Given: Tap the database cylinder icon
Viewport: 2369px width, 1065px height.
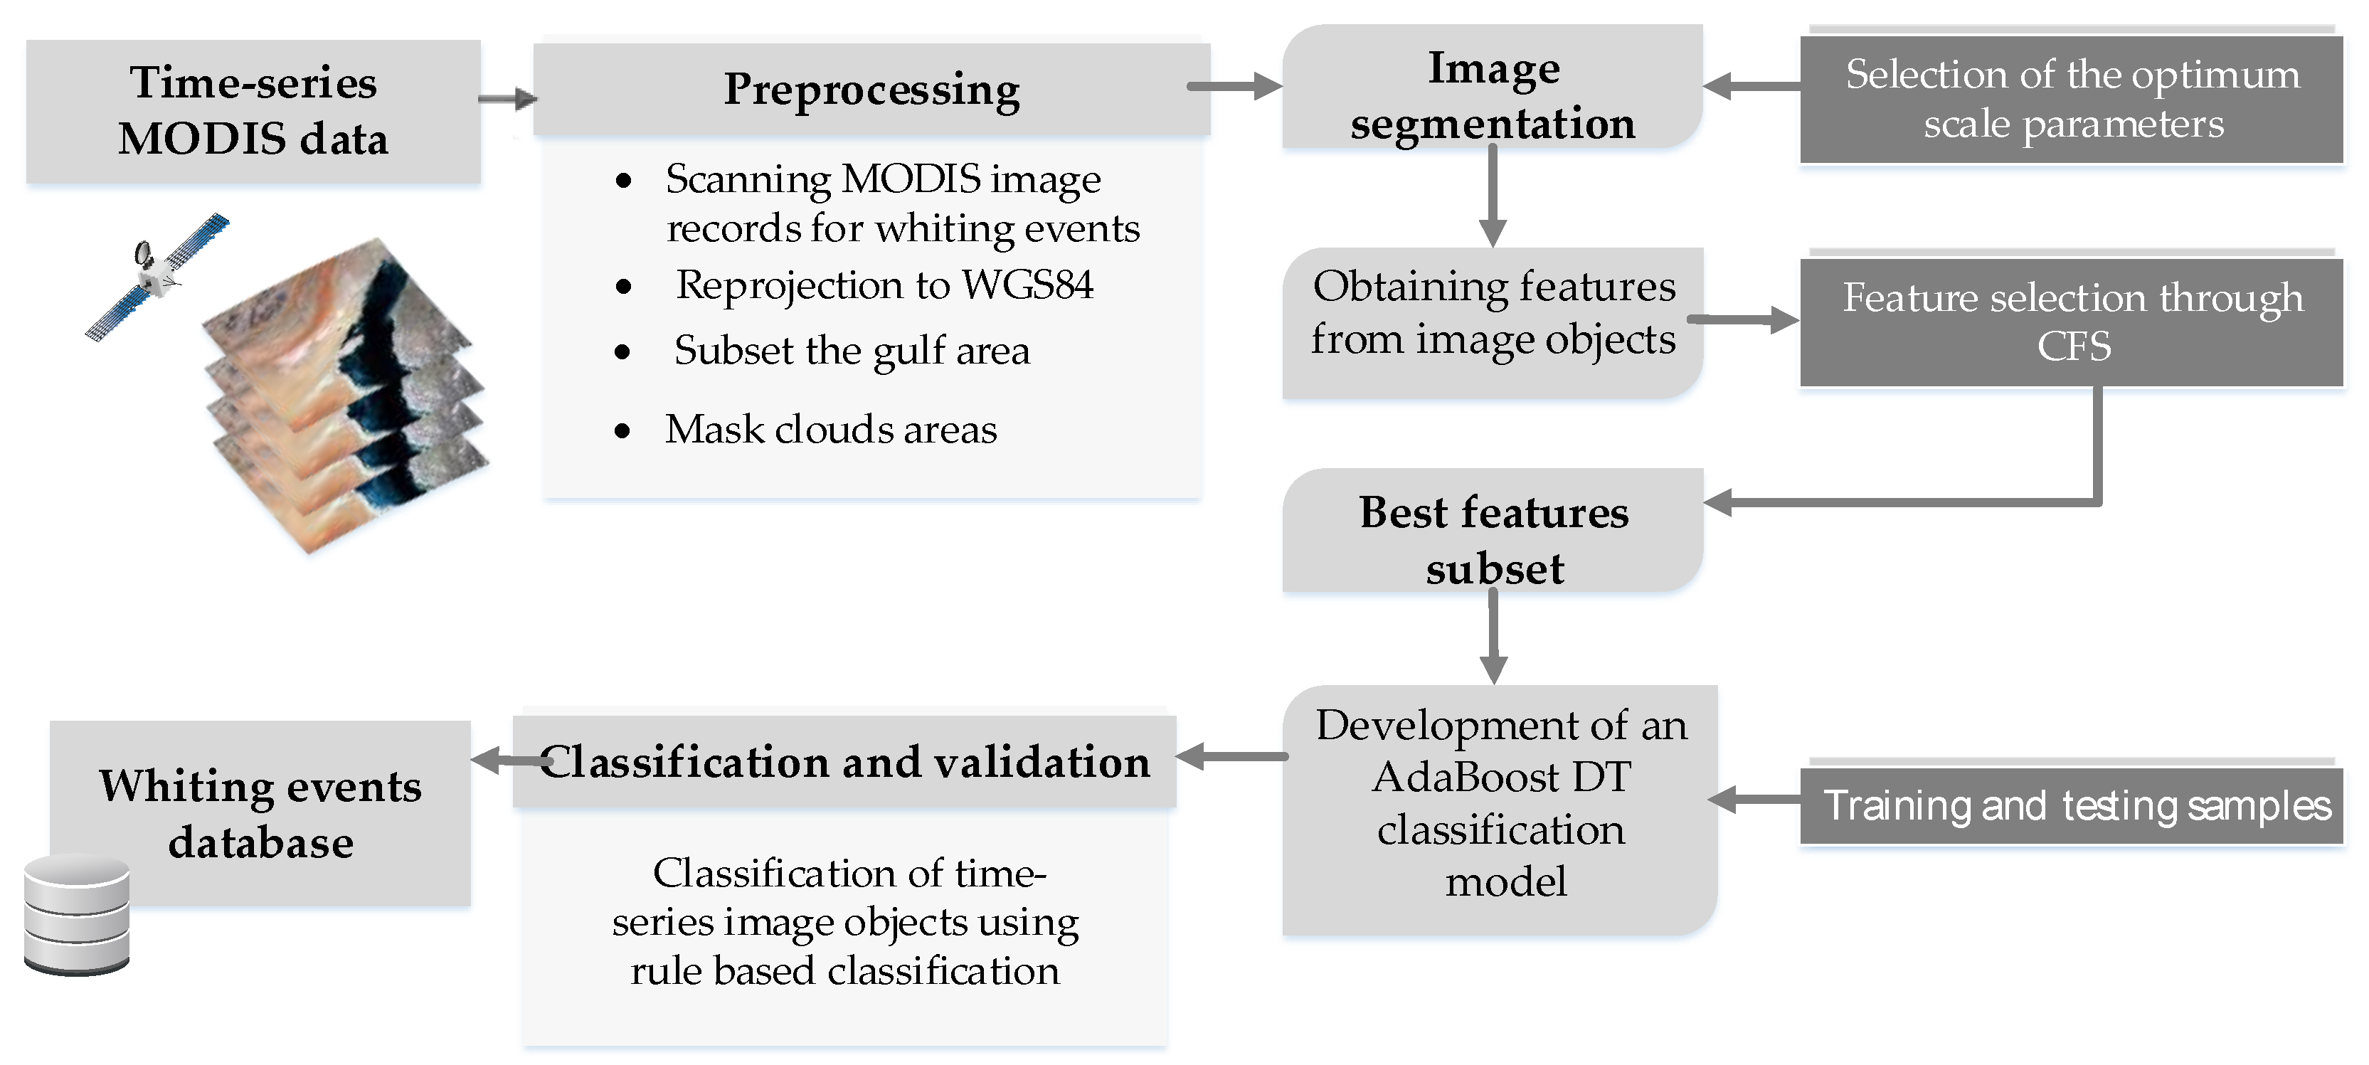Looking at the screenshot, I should (76, 914).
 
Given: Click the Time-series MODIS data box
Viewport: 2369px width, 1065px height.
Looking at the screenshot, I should (253, 110).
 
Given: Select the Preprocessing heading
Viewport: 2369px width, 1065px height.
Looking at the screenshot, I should (871, 90).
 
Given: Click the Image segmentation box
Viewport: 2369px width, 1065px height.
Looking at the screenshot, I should (1492, 94).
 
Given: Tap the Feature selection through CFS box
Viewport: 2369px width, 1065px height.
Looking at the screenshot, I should (2071, 322).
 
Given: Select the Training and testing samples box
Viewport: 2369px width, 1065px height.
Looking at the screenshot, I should (2071, 805).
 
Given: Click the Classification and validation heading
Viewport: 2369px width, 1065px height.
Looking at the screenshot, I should (844, 761).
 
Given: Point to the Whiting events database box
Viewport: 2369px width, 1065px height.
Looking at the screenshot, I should (261, 813).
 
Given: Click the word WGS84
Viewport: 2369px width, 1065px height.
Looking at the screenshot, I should (1027, 285).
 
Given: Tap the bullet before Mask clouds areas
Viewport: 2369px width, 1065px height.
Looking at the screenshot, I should (622, 430).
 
